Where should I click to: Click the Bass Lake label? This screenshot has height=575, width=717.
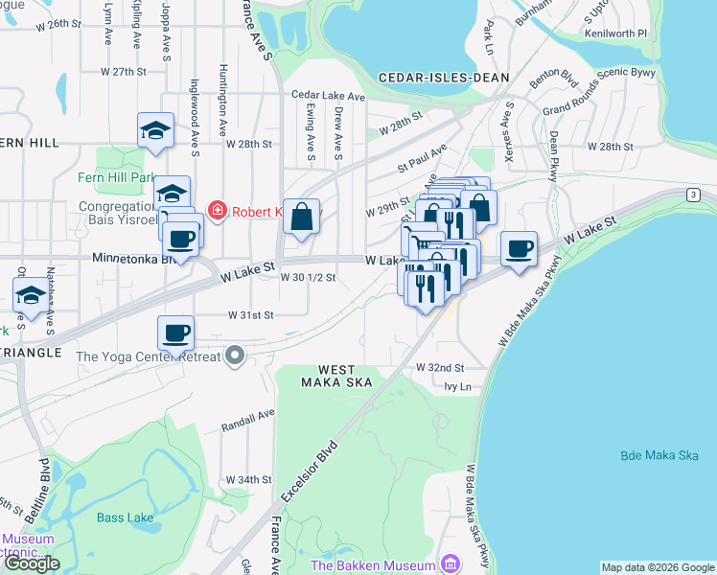[125, 517]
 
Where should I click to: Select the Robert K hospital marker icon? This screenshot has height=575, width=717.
[217, 210]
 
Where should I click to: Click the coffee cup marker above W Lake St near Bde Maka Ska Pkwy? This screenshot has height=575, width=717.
[519, 249]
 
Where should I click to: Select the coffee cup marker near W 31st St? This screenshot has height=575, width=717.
[176, 333]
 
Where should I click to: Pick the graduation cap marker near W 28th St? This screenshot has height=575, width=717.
[155, 130]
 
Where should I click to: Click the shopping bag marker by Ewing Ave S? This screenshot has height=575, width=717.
[302, 217]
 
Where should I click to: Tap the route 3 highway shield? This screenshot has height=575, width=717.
[691, 195]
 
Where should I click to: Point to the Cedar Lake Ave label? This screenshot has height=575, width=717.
[329, 96]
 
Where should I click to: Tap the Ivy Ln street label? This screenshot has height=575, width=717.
[458, 386]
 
